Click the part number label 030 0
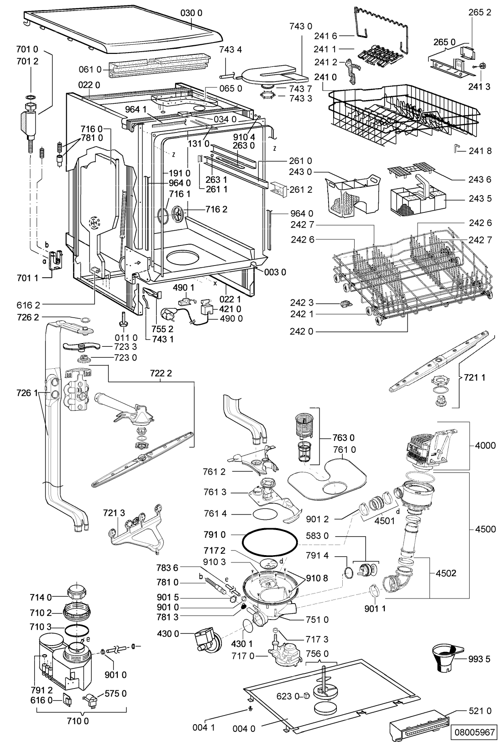coord(191,13)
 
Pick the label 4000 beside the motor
coord(485,445)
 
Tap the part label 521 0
coord(480,710)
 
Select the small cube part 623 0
coord(306,696)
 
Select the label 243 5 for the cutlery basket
coord(480,198)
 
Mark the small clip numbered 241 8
coord(457,149)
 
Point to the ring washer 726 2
coord(85,320)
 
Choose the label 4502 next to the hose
coord(446,572)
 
